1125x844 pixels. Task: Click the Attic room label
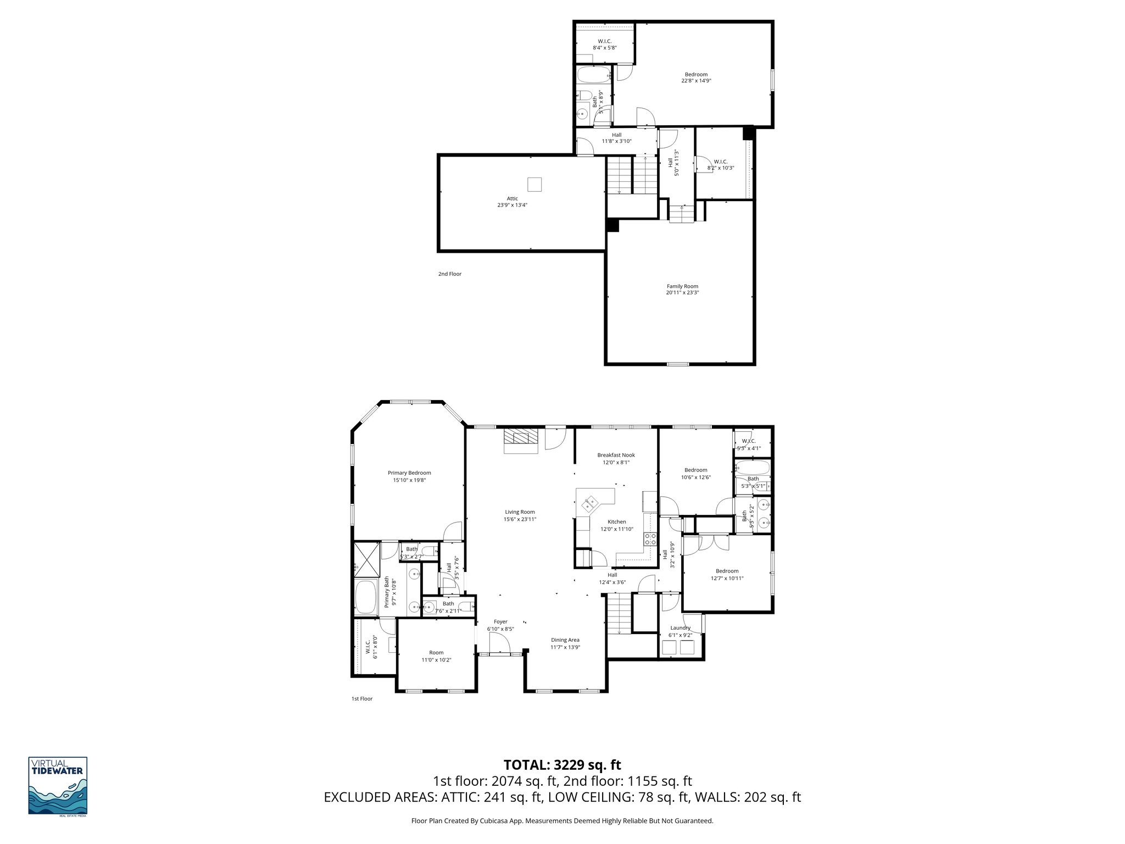[x=512, y=198]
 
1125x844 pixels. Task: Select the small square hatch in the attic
[x=534, y=184]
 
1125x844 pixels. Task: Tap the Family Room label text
[x=682, y=286]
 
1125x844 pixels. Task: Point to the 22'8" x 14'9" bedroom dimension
[x=696, y=81]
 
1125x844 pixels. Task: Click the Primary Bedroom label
[x=409, y=473]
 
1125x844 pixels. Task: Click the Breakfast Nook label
[x=616, y=455]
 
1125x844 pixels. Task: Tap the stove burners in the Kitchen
[x=650, y=539]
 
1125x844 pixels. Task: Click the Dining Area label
[x=565, y=640]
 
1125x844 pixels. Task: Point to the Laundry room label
[x=680, y=628]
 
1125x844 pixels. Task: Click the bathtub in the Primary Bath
[x=365, y=598]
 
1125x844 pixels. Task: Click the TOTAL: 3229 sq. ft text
[x=562, y=765]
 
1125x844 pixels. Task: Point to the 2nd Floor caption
[x=449, y=274]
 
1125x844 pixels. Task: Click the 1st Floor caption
[x=361, y=699]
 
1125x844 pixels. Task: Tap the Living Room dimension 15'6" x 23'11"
[x=520, y=519]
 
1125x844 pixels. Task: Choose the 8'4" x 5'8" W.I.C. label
[x=604, y=48]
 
